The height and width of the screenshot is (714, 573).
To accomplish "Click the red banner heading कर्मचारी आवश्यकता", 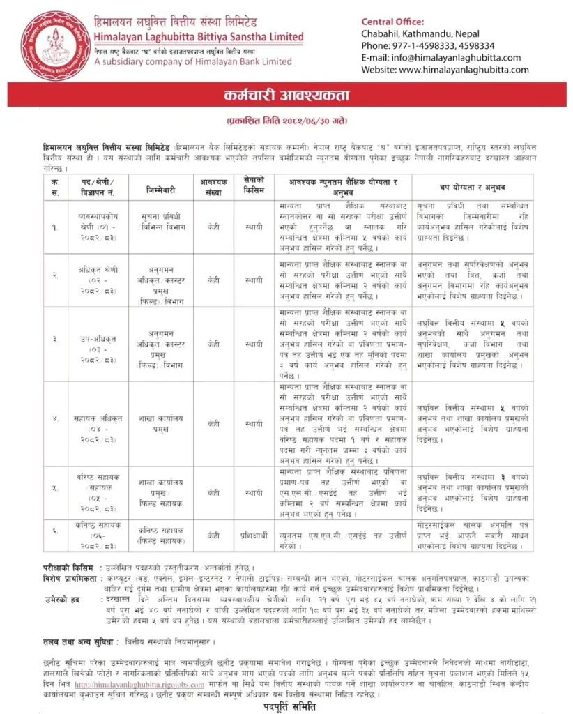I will click(286, 95).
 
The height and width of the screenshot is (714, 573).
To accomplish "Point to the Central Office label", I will click(392, 22).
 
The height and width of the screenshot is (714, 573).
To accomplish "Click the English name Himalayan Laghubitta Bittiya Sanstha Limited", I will click(199, 36).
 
